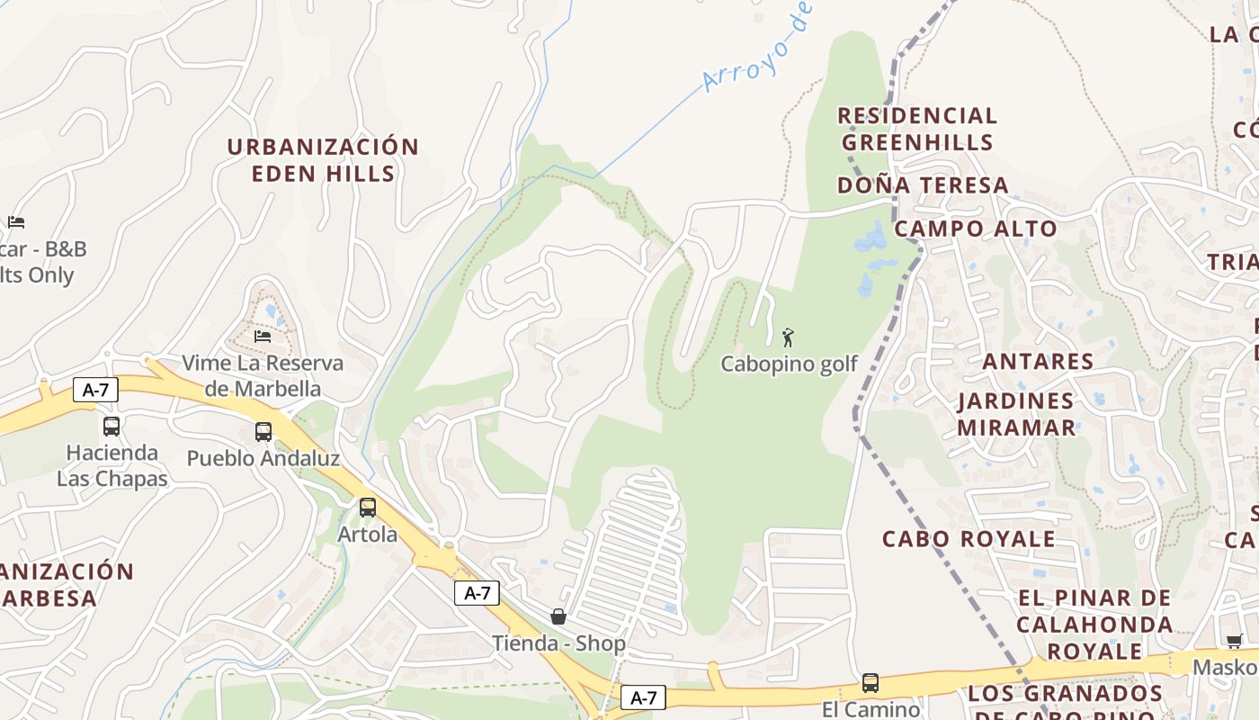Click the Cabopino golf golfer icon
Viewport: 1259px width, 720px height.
pos(788,337)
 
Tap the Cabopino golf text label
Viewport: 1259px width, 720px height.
pos(789,364)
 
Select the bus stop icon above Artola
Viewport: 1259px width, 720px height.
pos(368,507)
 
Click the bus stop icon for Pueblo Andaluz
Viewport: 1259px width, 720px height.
pos(263,431)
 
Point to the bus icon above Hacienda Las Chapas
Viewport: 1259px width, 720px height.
pos(112,426)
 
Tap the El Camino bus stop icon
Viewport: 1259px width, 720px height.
pos(870,682)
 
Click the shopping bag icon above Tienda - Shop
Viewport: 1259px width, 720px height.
pos(558,616)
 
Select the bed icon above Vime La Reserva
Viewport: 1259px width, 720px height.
pos(263,337)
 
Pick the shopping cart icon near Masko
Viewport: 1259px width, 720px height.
pos(1234,641)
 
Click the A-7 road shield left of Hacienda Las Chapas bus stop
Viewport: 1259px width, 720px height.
pos(95,390)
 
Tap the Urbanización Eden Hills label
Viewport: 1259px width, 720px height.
pos(323,160)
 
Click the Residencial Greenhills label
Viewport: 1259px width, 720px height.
pos(917,129)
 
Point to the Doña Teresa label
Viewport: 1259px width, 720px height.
pos(923,185)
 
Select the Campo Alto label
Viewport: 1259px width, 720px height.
pos(975,229)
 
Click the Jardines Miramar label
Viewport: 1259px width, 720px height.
pos(1015,414)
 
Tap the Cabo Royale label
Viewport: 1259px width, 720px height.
pos(969,539)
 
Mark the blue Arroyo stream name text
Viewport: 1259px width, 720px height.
pos(757,47)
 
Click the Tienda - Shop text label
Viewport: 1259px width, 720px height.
pos(558,643)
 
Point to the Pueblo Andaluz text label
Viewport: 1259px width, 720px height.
pos(263,458)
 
